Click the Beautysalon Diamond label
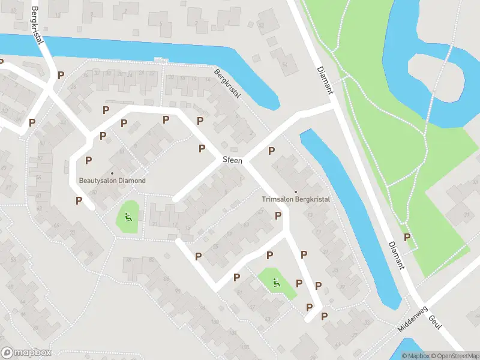click(112, 181)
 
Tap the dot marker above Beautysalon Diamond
click(112, 173)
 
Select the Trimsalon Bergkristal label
click(296, 199)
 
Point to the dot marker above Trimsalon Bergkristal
click(296, 192)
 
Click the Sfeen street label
click(232, 161)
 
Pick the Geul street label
click(436, 323)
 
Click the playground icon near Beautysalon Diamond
click(128, 217)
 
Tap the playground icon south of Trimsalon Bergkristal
click(277, 283)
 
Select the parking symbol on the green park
click(407, 237)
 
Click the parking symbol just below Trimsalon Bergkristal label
click(278, 215)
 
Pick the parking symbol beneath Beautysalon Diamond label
click(79, 201)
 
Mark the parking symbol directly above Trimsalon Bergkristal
click(271, 151)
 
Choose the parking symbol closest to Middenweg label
click(325, 316)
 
